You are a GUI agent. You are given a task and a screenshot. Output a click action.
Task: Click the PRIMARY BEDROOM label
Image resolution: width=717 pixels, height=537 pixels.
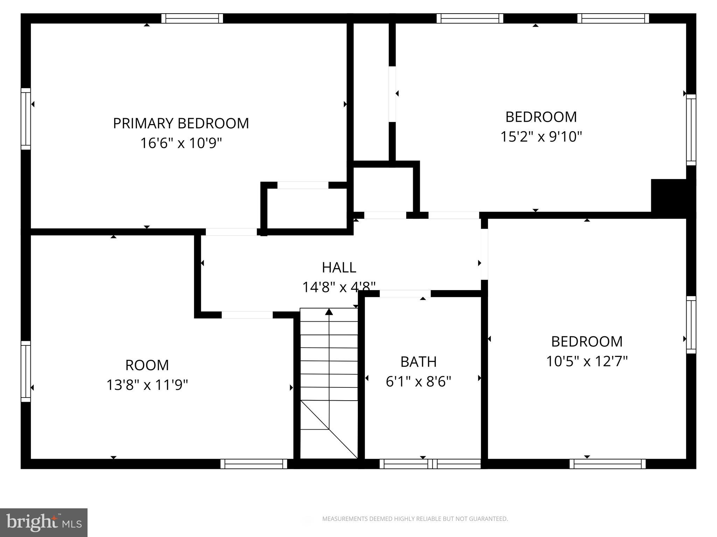tap(181, 123)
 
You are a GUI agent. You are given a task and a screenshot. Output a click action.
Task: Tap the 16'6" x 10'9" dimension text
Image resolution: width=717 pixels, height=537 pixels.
tap(181, 143)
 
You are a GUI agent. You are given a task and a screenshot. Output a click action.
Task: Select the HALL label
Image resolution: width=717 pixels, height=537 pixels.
tap(339, 268)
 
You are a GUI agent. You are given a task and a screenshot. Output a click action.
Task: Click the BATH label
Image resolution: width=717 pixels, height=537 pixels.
tap(418, 362)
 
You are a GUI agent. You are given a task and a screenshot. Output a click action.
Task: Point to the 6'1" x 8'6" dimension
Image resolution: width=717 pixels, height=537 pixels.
tap(418, 381)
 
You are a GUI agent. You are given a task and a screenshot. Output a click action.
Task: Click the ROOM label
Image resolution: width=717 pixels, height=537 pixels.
tap(147, 365)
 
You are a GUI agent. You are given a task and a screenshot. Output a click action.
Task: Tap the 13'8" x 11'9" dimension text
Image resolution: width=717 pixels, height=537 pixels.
tap(147, 385)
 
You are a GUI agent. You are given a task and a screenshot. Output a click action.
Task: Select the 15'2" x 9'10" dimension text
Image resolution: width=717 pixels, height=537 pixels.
tap(541, 136)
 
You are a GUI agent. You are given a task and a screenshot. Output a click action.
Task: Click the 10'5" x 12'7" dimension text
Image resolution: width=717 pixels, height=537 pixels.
tap(587, 361)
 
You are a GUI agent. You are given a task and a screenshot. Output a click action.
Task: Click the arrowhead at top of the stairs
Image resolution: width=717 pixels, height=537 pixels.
tap(329, 312)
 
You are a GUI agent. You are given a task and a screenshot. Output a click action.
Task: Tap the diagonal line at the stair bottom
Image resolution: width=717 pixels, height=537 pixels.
tap(329, 429)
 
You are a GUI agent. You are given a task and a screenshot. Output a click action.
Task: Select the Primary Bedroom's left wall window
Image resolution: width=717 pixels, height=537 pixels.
tap(26, 119)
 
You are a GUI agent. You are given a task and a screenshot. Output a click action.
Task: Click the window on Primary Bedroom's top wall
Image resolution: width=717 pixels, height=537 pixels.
tap(192, 18)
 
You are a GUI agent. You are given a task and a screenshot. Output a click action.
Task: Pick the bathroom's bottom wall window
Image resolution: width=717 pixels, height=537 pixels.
tap(430, 464)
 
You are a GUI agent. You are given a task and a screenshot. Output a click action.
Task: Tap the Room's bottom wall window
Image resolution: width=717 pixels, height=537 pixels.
tap(254, 464)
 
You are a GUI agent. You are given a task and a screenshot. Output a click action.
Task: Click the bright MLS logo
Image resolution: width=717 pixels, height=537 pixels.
tap(43, 522)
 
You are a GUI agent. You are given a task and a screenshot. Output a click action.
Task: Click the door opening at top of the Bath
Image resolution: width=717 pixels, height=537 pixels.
tap(405, 294)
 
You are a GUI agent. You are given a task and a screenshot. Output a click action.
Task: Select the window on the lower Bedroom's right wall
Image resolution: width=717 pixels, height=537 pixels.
tap(691, 324)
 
